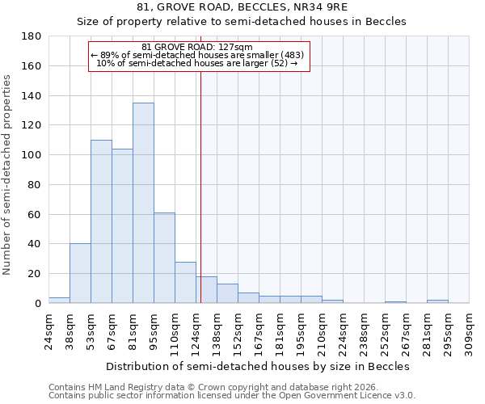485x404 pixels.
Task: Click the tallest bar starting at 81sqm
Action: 143,203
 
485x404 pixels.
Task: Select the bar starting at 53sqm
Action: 101,221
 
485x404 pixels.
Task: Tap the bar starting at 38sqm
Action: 80,273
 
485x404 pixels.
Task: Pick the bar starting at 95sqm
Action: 164,258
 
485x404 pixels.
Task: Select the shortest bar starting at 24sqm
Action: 59,300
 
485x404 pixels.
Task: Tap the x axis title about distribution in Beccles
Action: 259,366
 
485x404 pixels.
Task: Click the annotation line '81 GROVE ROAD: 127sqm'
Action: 197,47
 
